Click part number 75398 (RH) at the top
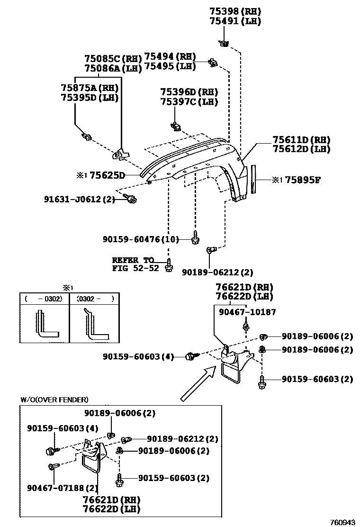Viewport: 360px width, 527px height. (x=235, y=11)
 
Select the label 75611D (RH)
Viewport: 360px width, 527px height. (x=301, y=140)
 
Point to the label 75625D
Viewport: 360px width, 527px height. (x=107, y=176)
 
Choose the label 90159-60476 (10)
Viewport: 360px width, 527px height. (x=141, y=239)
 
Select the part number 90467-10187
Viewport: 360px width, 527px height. (x=247, y=312)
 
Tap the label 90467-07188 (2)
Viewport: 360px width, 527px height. (x=63, y=488)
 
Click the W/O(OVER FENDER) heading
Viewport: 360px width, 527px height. (x=54, y=400)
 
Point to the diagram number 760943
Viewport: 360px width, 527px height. (x=342, y=522)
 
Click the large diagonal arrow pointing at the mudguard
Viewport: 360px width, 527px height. (x=194, y=384)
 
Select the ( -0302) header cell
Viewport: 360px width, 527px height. (x=44, y=299)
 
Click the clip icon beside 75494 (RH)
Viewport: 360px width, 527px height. (x=213, y=62)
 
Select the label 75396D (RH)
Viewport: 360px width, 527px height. (x=189, y=92)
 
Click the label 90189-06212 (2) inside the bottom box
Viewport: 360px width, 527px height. (x=182, y=439)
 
